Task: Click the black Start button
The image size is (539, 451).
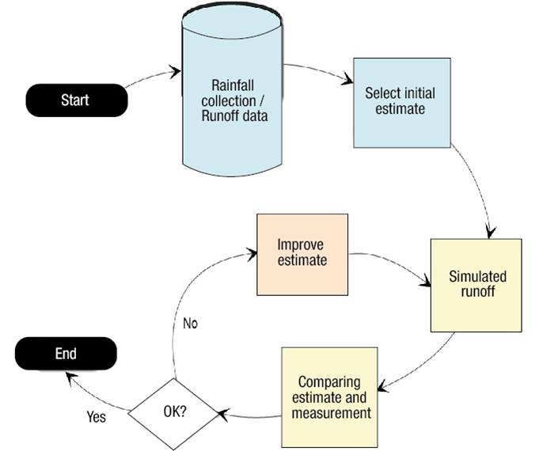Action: coord(76,100)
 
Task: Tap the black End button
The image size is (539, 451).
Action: coord(66,354)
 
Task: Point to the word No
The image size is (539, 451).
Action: coord(191,323)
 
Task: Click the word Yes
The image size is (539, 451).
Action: coord(96,415)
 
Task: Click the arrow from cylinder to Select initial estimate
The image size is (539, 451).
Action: coord(319,70)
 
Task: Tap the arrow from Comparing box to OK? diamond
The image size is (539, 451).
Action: coord(249,412)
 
